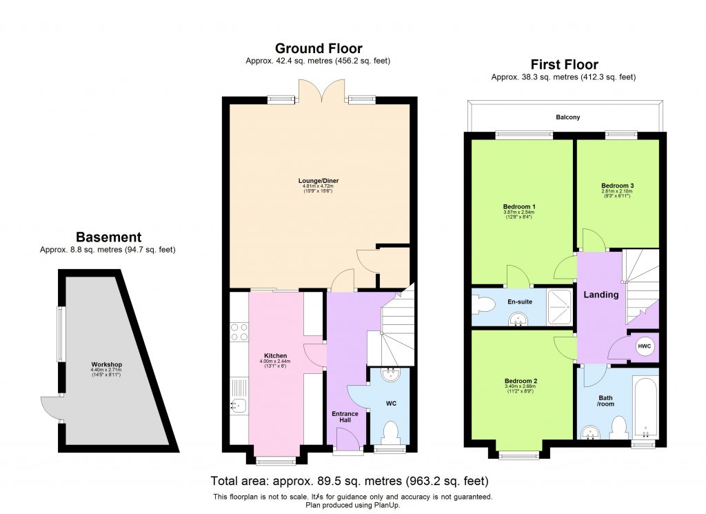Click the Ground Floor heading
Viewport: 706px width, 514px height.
click(319, 48)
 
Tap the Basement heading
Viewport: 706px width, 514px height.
click(108, 237)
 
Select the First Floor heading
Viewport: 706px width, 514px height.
click(564, 65)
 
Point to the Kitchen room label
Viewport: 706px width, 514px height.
click(275, 356)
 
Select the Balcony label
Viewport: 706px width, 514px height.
click(567, 117)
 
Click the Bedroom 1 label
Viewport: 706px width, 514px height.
click(520, 207)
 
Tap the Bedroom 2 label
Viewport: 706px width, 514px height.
click(521, 382)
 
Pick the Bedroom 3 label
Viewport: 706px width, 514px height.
click(617, 186)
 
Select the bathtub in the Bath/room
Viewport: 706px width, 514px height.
click(645, 407)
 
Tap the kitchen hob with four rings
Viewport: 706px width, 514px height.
click(240, 333)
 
